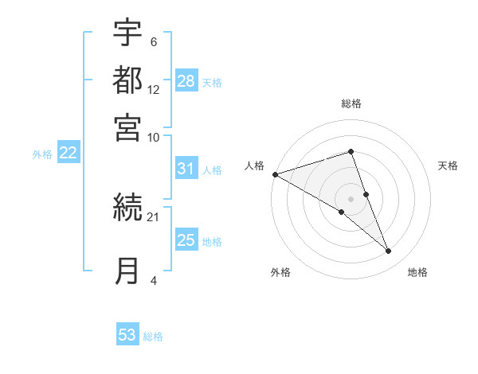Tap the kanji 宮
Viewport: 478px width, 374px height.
click(x=127, y=127)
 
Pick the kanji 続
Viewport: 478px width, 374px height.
click(x=127, y=208)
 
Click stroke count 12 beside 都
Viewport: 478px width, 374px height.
click(x=154, y=90)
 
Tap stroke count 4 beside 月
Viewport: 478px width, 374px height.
click(x=153, y=280)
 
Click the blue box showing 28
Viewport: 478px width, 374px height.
click(x=186, y=81)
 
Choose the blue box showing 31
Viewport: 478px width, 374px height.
click(x=186, y=169)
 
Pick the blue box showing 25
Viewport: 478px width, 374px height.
click(x=186, y=240)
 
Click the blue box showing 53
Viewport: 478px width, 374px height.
click(x=127, y=335)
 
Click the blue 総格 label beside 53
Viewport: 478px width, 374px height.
click(x=154, y=337)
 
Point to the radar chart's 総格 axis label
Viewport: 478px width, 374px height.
click(x=351, y=104)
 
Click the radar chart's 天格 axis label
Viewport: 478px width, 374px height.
click(x=449, y=166)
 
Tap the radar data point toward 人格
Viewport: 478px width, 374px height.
click(x=275, y=174)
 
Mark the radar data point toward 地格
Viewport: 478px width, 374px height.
click(x=389, y=251)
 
